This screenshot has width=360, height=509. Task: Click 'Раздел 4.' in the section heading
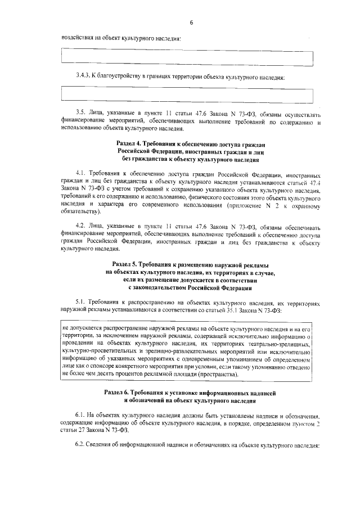(129, 145)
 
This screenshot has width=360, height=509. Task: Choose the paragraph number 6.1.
(80, 414)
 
